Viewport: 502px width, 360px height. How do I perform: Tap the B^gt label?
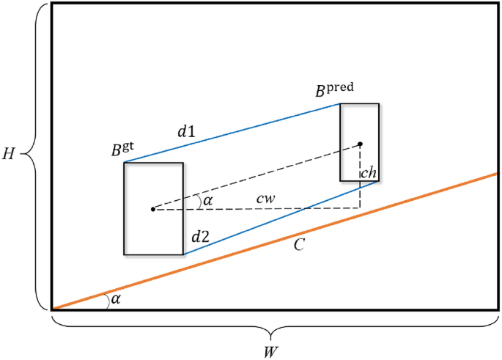[122, 150]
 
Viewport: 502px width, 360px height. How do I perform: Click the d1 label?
[186, 133]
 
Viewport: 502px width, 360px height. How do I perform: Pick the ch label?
[369, 175]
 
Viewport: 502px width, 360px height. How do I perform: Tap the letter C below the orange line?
[298, 246]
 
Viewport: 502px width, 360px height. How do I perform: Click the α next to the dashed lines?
[207, 199]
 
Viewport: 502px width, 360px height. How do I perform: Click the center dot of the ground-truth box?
[152, 209]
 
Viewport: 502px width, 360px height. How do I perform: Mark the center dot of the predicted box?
[360, 144]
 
